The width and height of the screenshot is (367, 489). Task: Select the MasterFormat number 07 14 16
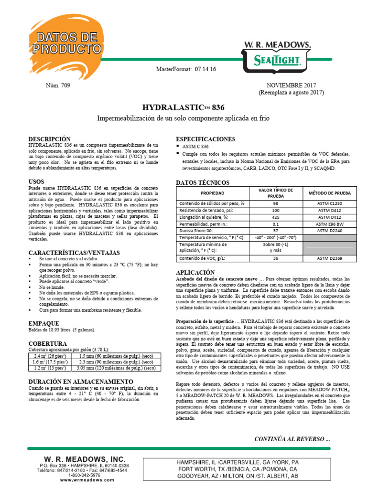(x=205, y=69)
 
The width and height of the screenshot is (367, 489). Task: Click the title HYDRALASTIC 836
(x=183, y=107)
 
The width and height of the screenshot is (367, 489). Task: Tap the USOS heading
(x=37, y=182)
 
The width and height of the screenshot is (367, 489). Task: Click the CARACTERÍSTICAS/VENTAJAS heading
(x=74, y=253)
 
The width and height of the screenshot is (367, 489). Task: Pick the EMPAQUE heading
(x=44, y=323)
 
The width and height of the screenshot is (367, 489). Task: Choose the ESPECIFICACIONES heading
(x=205, y=139)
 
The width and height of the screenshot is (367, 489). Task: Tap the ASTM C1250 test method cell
(x=329, y=203)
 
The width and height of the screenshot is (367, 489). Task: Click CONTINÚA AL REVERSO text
(x=292, y=439)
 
